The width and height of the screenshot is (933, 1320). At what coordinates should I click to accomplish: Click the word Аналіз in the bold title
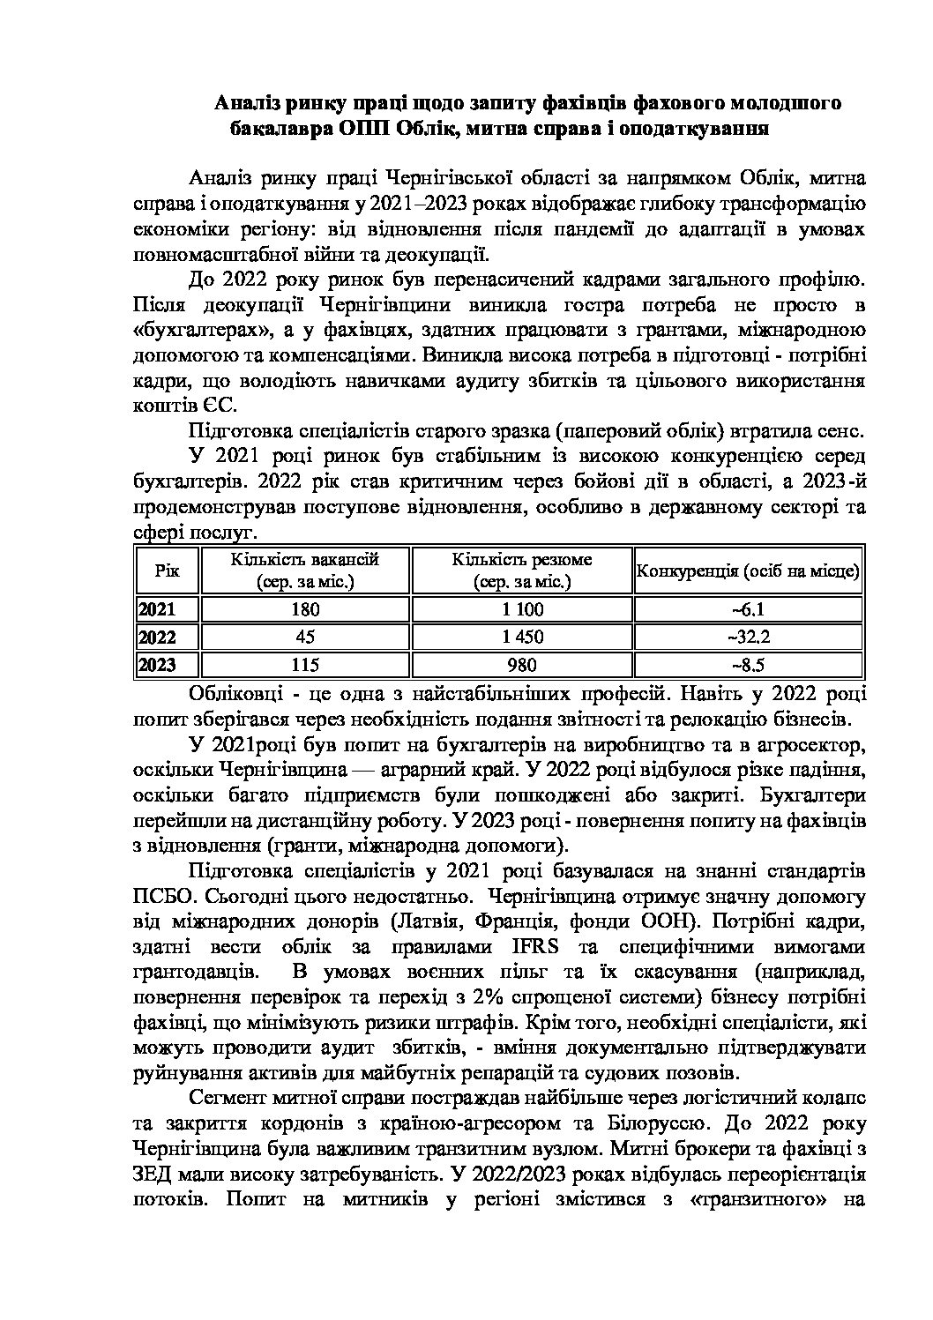[250, 104]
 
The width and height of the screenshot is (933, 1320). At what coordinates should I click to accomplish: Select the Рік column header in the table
[167, 571]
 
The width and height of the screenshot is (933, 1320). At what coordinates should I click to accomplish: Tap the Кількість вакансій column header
[305, 571]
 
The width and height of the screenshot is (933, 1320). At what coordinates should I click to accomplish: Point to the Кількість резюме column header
[522, 571]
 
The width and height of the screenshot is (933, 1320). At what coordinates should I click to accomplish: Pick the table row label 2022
[157, 637]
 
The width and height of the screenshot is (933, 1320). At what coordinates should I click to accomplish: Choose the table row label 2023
[157, 665]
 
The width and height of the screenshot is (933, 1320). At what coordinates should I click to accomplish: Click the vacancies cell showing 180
[304, 609]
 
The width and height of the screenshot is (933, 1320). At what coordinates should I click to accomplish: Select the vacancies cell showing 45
[304, 637]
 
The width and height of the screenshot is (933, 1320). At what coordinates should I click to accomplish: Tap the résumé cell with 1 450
[522, 637]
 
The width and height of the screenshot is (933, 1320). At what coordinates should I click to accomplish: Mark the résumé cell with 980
[522, 665]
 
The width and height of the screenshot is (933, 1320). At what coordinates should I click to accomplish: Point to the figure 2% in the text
[488, 998]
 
